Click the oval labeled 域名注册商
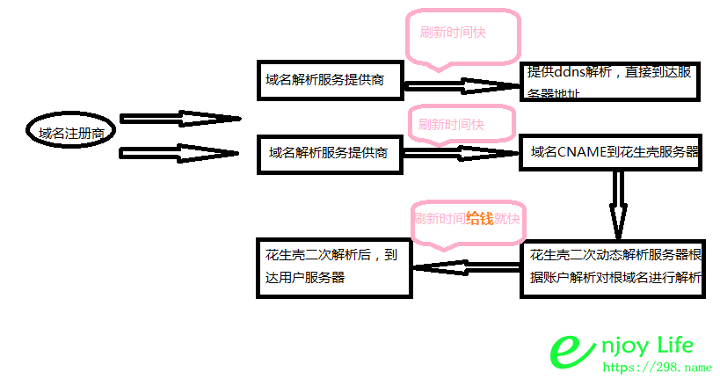pyautogui.click(x=72, y=134)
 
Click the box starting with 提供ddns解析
pyautogui.click(x=610, y=81)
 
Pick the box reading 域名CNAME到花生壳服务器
pyautogui.click(x=613, y=152)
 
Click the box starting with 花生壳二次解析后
pyautogui.click(x=333, y=266)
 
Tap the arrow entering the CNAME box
pyautogui.click(x=462, y=153)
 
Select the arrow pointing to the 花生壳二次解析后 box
pyautogui.click(x=466, y=267)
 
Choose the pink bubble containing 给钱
pyautogui.click(x=468, y=220)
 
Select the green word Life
pyautogui.click(x=672, y=346)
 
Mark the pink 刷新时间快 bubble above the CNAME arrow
pyautogui.click(x=457, y=125)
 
